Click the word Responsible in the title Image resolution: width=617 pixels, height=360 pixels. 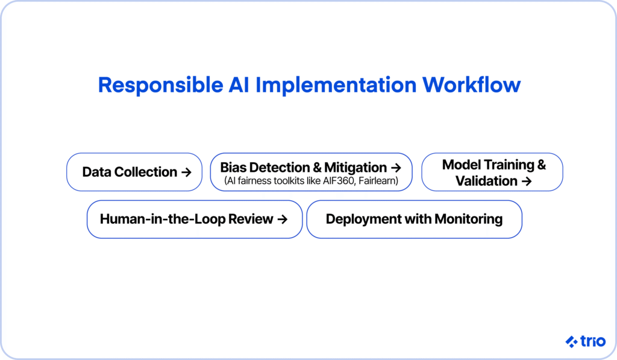160,86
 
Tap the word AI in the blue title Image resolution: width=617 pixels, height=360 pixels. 239,84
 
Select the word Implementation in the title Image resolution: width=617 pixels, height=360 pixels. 336,86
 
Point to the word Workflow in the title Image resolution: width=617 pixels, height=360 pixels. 471,84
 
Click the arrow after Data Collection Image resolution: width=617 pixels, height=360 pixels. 186,172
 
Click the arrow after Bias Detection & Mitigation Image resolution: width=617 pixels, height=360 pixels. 396,168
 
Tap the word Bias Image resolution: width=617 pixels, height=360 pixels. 233,168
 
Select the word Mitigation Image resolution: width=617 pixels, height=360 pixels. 355,168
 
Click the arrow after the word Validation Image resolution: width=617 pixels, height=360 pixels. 527,181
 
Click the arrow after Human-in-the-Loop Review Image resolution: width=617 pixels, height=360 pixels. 283,219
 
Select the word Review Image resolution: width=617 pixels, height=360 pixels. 251,219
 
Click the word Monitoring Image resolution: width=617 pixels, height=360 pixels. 468,219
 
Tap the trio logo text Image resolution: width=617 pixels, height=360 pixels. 593,341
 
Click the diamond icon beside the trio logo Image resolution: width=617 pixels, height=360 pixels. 571,341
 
